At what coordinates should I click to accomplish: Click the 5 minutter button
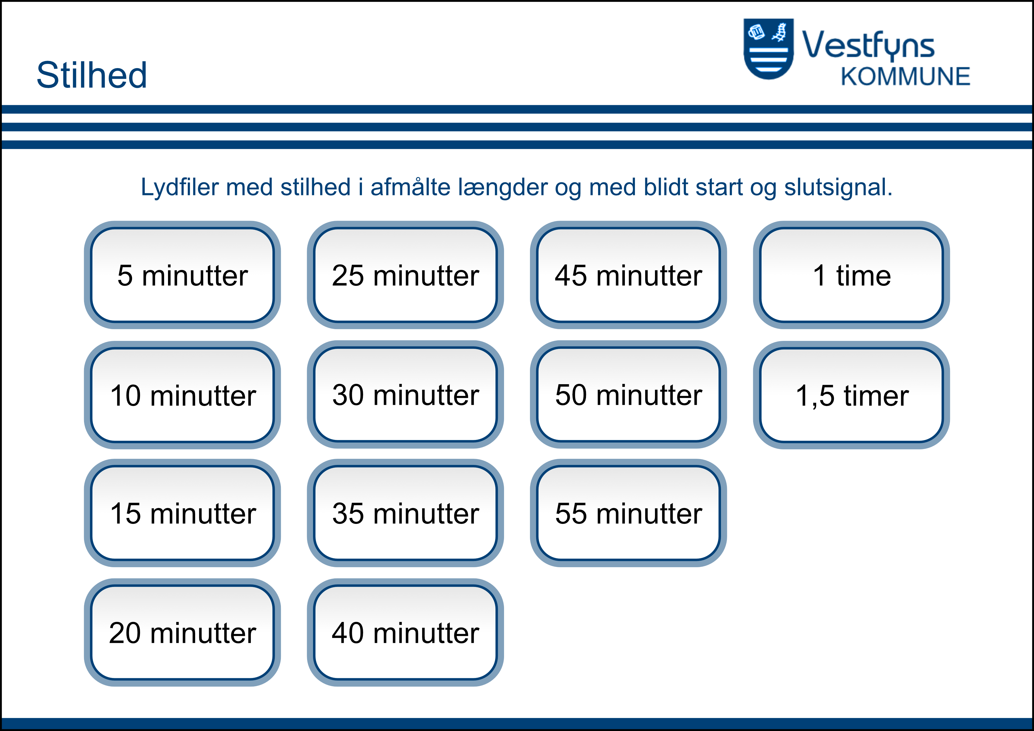(x=182, y=275)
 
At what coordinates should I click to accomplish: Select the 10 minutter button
(x=182, y=395)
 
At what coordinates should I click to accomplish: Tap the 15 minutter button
(x=182, y=513)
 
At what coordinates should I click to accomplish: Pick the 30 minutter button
(x=405, y=395)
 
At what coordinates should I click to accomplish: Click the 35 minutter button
(x=405, y=513)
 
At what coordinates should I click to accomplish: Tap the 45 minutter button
(x=628, y=275)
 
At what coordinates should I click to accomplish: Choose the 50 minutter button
(x=628, y=395)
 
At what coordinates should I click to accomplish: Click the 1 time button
(x=852, y=275)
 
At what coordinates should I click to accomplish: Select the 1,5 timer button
(x=852, y=395)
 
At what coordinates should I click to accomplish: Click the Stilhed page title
(x=92, y=75)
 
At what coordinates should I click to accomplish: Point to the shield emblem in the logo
(x=768, y=49)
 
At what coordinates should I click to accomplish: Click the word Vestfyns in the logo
(x=868, y=45)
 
